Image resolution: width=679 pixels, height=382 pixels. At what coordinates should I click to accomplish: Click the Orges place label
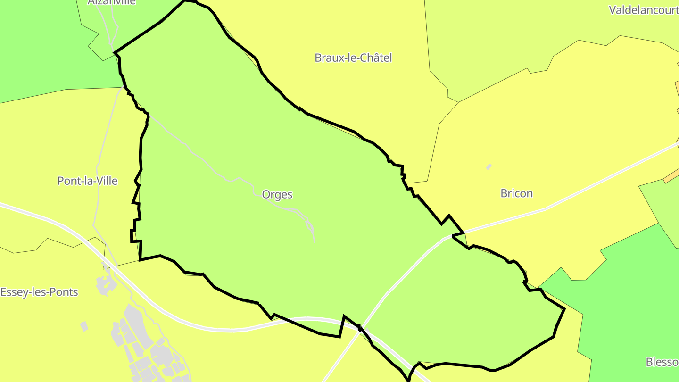point(277,194)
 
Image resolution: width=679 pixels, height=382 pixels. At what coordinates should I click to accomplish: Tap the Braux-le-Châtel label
point(353,58)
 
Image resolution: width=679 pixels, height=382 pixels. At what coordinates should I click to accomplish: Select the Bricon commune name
point(516,193)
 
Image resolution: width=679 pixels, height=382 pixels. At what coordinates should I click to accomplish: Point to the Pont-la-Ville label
point(87,181)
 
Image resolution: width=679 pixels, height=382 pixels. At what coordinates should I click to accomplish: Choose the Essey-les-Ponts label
point(39,292)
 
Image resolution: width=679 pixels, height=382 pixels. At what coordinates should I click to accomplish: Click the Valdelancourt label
point(644,10)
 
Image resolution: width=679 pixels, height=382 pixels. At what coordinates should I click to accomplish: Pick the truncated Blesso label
point(662,362)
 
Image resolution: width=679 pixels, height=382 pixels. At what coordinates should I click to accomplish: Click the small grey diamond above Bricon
point(489,166)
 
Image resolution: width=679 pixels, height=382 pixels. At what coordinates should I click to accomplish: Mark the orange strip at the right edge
point(671,176)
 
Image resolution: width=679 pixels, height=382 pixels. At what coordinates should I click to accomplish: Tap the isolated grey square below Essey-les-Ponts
point(84,326)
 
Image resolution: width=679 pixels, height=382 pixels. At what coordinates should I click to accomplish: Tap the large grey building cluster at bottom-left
point(141,344)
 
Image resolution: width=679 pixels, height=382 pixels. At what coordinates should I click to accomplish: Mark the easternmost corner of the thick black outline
point(564,309)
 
